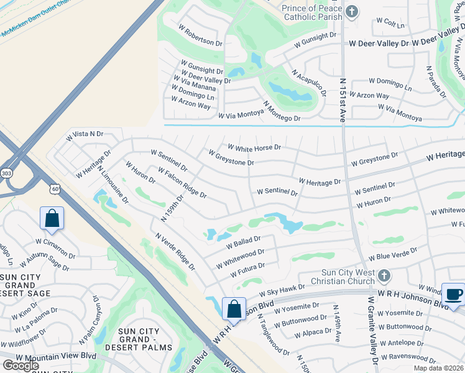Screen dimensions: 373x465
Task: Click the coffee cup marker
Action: click(453, 294)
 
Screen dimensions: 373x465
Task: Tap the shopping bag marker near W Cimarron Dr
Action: click(52, 218)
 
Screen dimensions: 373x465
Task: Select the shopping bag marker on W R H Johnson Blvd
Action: click(234, 309)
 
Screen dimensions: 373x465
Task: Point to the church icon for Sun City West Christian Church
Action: click(385, 275)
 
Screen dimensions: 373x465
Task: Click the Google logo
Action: click(21, 365)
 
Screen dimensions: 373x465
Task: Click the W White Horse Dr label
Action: click(254, 148)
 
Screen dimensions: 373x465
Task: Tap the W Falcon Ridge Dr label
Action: click(183, 185)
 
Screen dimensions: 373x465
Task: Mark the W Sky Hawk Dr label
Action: click(282, 290)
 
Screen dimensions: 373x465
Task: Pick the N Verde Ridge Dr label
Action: click(175, 252)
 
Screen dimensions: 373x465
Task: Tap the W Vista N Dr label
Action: click(85, 134)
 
